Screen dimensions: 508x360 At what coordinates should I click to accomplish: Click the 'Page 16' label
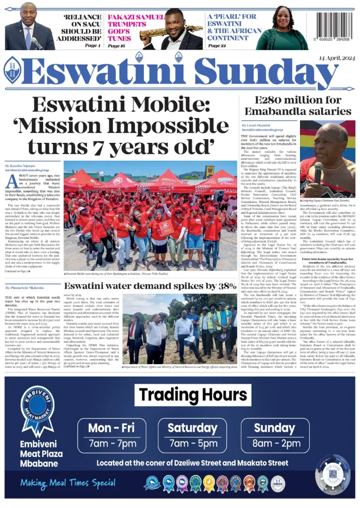click(x=117, y=46)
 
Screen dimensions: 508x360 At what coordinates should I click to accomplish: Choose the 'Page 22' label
click(x=217, y=46)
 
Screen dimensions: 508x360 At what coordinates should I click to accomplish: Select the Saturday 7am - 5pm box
click(x=192, y=436)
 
